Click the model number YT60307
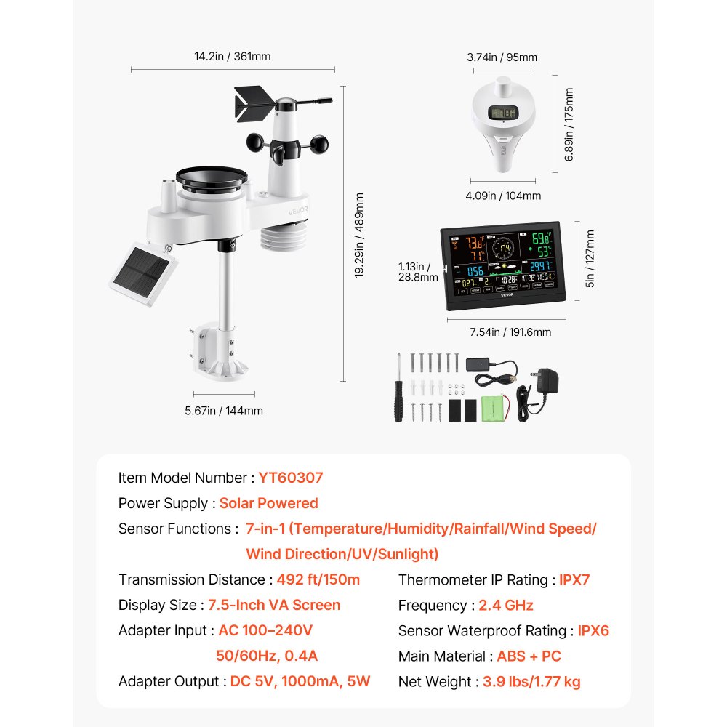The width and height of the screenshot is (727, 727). pos(290,478)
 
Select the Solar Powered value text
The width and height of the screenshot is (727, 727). pos(268,503)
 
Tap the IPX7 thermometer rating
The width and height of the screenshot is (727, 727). pos(574,579)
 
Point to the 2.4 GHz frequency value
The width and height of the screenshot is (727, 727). pos(506,605)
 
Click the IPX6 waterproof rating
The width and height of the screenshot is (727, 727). pos(593,630)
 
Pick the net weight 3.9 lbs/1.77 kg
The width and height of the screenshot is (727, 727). pos(531,681)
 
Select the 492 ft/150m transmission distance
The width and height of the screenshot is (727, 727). pos(318,579)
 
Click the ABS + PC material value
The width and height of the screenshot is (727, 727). pos(529,656)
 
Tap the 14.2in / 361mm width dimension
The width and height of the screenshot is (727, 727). pos(233,57)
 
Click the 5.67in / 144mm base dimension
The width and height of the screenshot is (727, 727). pos(225,411)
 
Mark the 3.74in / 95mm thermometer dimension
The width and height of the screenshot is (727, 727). pos(502,57)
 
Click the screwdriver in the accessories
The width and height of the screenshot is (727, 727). pos(399,389)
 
